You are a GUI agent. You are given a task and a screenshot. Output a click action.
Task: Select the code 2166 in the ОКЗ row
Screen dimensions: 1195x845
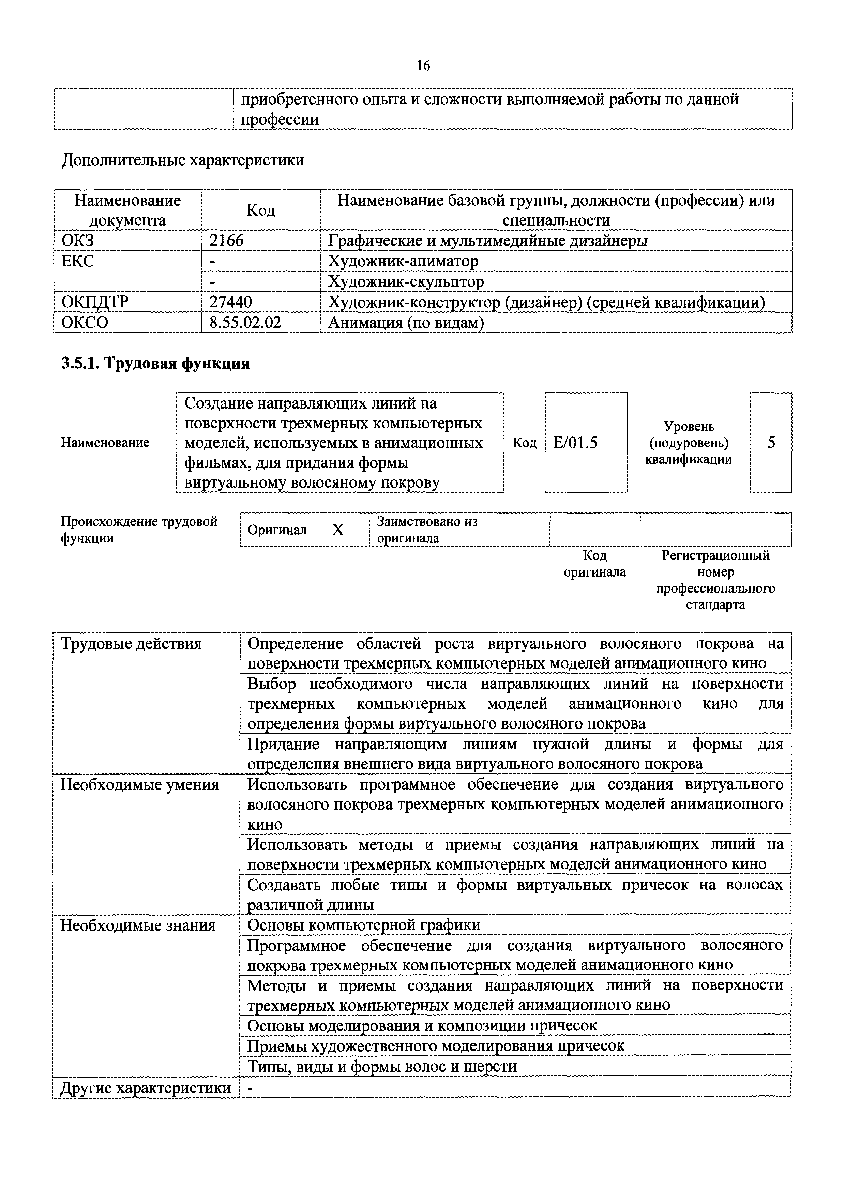pyautogui.click(x=226, y=241)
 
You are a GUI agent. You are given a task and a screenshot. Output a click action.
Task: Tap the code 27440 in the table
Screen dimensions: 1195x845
pyautogui.click(x=230, y=302)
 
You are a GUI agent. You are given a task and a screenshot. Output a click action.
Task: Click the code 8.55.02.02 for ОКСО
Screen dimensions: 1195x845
pyautogui.click(x=245, y=323)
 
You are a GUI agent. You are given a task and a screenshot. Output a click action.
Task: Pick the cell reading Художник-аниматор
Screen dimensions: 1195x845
pyautogui.click(x=403, y=261)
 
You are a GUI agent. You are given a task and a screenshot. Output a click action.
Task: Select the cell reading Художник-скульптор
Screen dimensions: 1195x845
pyautogui.click(x=406, y=281)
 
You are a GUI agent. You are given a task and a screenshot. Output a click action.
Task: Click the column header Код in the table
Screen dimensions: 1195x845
pyautogui.click(x=260, y=210)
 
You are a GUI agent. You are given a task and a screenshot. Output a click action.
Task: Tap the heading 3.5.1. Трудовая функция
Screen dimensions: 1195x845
pyautogui.click(x=155, y=363)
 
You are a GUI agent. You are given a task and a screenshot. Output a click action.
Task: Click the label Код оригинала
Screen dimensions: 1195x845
pyautogui.click(x=594, y=564)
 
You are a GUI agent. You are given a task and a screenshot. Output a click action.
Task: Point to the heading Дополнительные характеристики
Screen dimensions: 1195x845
pyautogui.click(x=183, y=160)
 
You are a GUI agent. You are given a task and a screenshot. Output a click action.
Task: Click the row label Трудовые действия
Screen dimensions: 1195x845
pyautogui.click(x=131, y=644)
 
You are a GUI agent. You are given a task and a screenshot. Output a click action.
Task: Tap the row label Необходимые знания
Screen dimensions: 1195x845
pyautogui.click(x=138, y=925)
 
